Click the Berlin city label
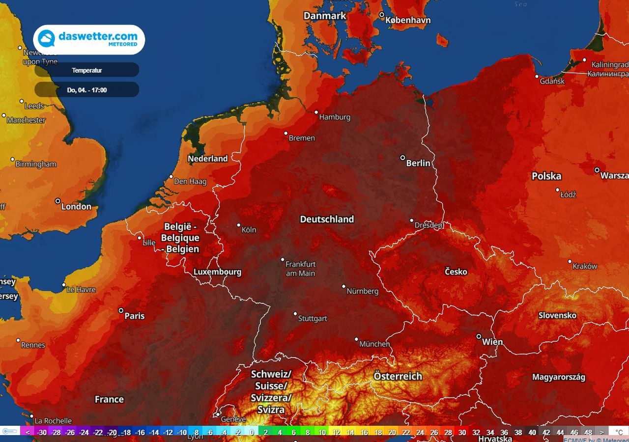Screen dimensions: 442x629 (x=418, y=163)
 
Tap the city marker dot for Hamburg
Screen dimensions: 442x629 (x=316, y=112)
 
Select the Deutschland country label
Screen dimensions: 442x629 (x=327, y=219)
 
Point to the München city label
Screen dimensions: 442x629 (x=374, y=344)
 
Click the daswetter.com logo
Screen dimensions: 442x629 (x=89, y=39)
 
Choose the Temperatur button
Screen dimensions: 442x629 (x=87, y=70)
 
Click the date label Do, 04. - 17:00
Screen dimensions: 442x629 (x=87, y=90)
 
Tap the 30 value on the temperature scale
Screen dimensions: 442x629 (x=462, y=432)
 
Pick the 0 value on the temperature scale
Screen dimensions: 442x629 (x=252, y=432)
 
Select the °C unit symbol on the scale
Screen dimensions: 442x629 (x=619, y=432)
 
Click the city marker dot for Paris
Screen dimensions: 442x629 (x=121, y=310)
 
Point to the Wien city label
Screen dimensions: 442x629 (x=492, y=342)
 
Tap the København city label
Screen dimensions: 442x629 (x=408, y=20)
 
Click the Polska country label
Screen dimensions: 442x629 (x=546, y=176)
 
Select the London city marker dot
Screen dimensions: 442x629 (x=57, y=201)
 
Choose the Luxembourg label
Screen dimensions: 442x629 (x=217, y=272)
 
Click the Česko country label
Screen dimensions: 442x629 (x=456, y=272)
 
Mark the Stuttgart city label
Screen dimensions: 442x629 (x=313, y=318)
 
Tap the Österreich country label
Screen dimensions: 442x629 (x=398, y=376)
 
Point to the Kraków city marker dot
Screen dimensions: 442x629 (x=570, y=262)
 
